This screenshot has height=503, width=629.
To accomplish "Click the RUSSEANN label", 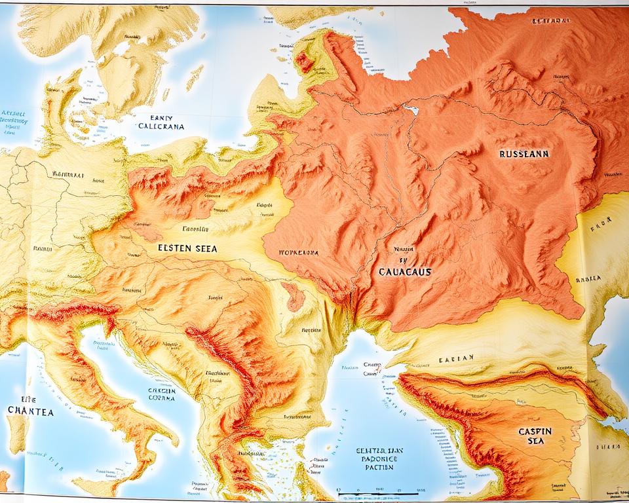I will tap(524, 155).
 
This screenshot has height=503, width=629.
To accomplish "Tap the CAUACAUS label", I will tap(404, 270).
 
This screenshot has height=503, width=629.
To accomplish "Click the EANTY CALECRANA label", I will tap(161, 122).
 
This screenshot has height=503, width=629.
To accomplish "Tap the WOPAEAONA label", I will tap(298, 251).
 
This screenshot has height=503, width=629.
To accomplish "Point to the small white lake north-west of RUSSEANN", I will tap(411, 109).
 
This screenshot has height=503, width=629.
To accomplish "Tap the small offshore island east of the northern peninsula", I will tap(194, 78).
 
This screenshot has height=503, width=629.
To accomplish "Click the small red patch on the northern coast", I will tap(304, 62).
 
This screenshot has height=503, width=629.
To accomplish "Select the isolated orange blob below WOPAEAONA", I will tap(294, 296).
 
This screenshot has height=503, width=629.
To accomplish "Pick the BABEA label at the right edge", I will tap(588, 278).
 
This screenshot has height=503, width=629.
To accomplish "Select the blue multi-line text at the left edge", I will tap(14, 121).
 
